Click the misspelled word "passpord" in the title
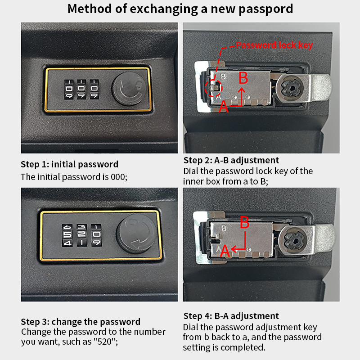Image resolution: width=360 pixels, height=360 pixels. coord(265,9)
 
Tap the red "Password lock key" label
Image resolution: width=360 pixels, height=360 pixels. coord(274,45)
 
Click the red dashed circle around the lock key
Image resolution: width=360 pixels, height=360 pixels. coord(213,88)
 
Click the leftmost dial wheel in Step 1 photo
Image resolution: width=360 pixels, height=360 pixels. coord(69,89)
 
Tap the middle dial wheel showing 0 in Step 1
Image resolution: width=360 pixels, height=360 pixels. coord(81,89)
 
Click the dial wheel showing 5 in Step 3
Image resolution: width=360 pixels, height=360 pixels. coord(67,235)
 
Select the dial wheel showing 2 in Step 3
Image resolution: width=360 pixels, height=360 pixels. coord(82,235)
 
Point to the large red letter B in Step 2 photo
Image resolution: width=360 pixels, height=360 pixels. coord(243,78)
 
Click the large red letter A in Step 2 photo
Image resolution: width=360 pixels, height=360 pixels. coord(223,107)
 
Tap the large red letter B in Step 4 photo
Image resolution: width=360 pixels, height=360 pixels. coord(245,222)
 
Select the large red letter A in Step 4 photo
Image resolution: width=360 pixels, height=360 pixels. coord(225,251)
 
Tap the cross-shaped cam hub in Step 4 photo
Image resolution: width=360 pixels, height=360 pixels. coord(295,241)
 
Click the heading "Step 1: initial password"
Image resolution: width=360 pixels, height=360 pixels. coord(70,164)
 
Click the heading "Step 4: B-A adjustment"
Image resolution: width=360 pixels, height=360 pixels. coord(231,316)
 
